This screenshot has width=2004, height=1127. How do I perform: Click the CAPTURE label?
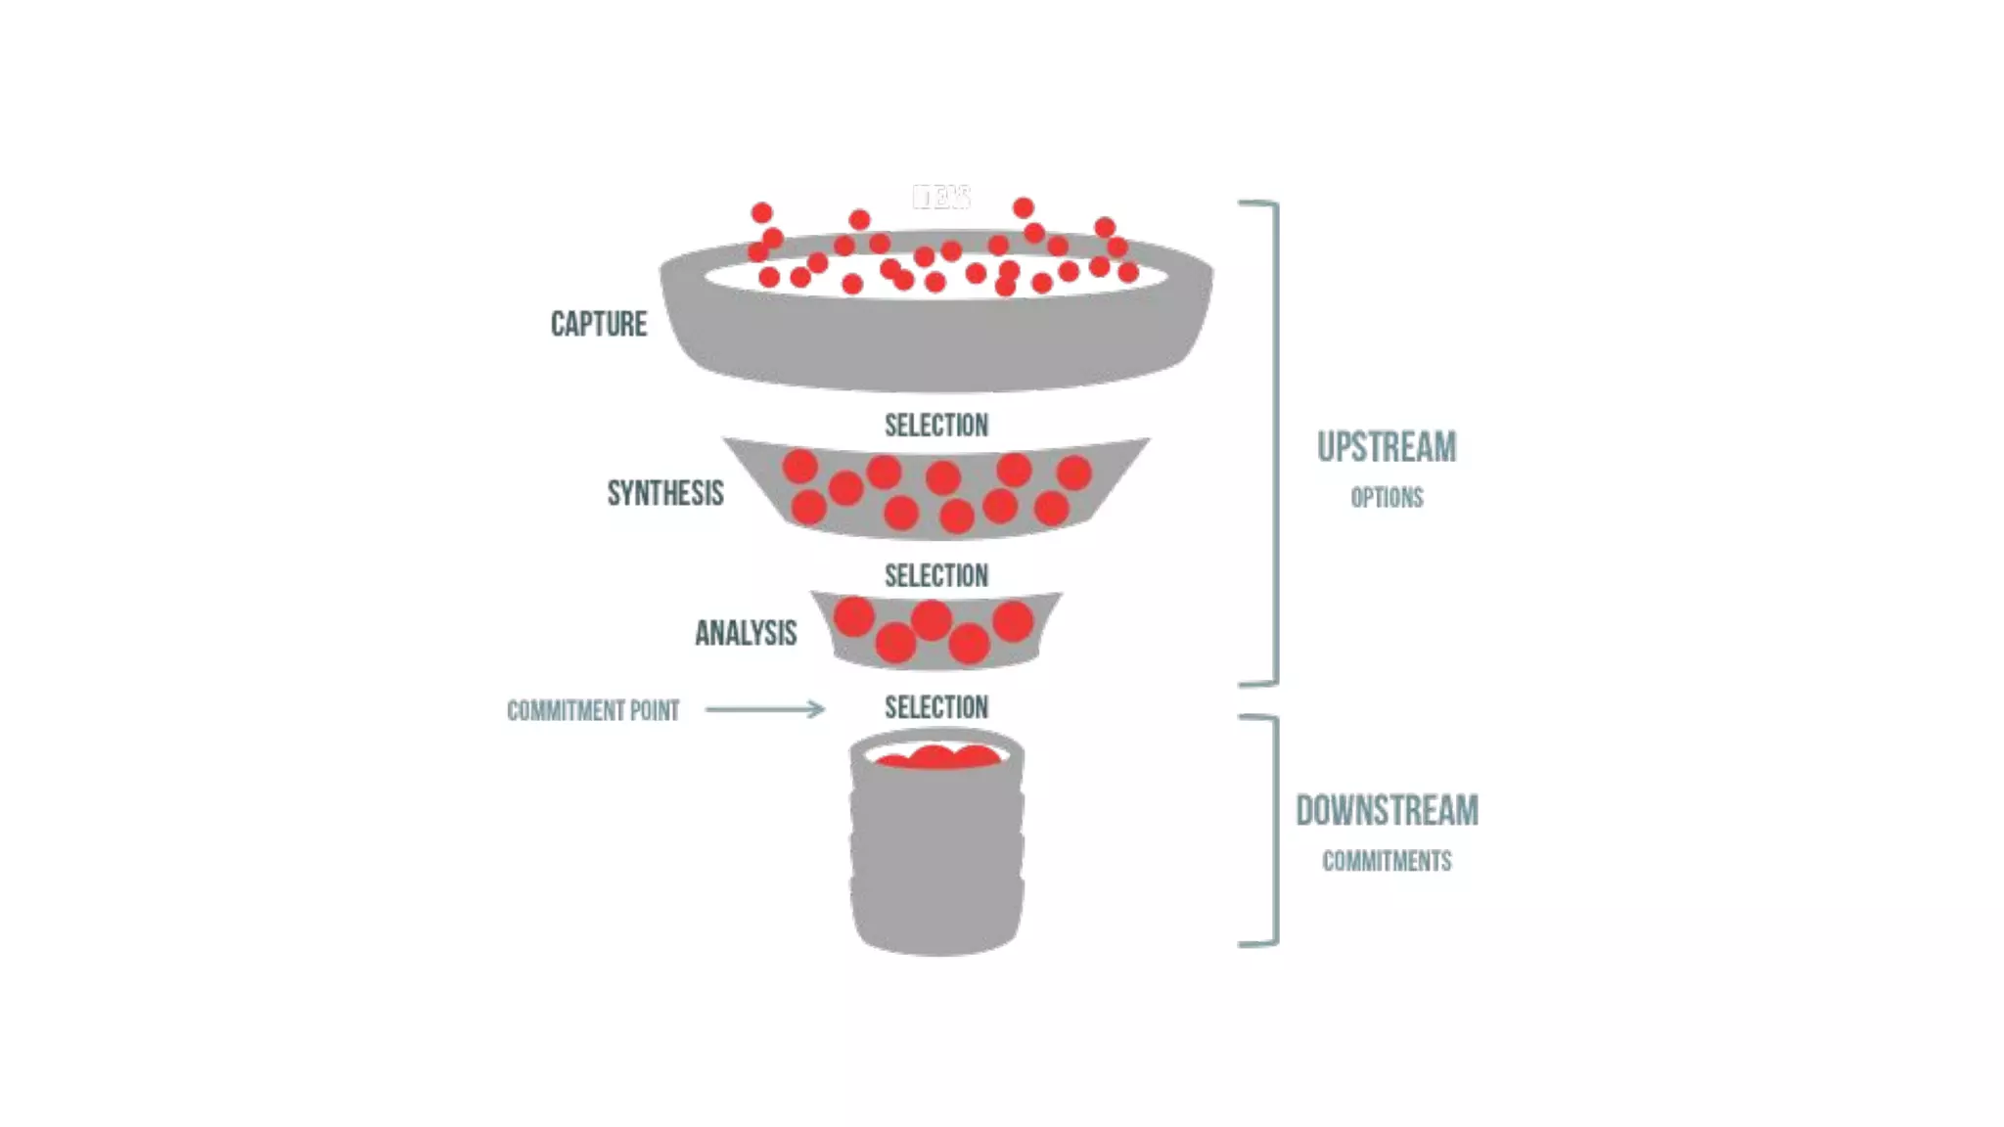tap(598, 325)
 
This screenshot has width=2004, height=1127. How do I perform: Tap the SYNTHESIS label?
tap(665, 493)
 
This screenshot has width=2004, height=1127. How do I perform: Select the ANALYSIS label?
tap(746, 633)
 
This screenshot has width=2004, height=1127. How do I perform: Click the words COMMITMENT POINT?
tap(593, 710)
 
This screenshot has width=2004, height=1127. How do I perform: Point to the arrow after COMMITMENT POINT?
tap(765, 709)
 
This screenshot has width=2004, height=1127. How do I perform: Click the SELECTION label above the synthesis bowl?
tap(936, 426)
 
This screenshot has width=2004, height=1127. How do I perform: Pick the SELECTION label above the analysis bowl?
tap(936, 576)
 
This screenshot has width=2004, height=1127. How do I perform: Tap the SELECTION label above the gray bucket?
tap(936, 707)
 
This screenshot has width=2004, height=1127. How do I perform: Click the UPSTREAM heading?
tap(1387, 447)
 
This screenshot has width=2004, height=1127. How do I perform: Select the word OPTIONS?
tap(1387, 498)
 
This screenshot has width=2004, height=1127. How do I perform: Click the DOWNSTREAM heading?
tap(1387, 811)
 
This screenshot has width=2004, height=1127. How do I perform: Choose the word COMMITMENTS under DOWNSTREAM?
tap(1387, 862)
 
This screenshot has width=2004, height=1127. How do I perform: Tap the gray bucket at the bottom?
tap(936, 861)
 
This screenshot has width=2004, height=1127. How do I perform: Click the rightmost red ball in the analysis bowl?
tap(1013, 621)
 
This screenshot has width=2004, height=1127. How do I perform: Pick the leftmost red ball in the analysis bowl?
tap(853, 616)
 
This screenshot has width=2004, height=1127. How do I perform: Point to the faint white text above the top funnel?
tap(941, 197)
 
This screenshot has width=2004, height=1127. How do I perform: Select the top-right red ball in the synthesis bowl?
tap(1073, 473)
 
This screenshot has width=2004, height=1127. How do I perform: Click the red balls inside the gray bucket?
tap(936, 756)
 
